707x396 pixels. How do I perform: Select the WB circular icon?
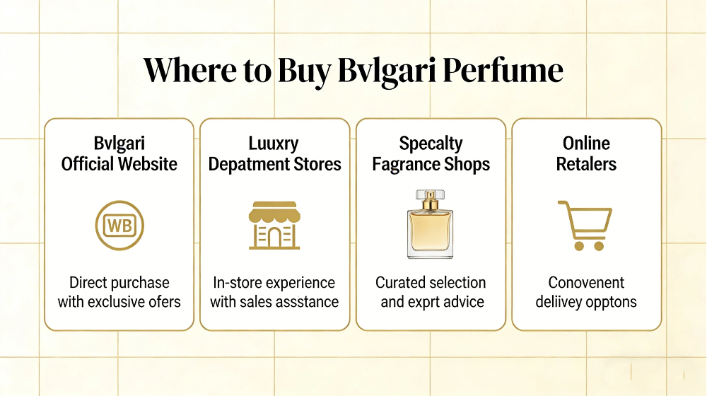point(119,226)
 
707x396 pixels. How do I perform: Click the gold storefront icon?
point(274,225)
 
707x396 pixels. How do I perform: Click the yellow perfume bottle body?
point(430,233)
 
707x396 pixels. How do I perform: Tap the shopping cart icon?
point(585,224)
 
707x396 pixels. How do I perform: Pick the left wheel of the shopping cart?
point(578,246)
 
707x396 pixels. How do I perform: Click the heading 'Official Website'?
point(119,165)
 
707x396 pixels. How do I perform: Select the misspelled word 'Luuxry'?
point(274,144)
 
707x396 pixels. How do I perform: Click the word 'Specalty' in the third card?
point(431,144)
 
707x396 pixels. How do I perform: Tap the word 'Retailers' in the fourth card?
point(586,165)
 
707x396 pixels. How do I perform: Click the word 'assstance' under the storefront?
point(307,302)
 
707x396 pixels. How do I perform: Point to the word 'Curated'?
point(402,283)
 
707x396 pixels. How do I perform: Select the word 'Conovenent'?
point(586,283)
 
